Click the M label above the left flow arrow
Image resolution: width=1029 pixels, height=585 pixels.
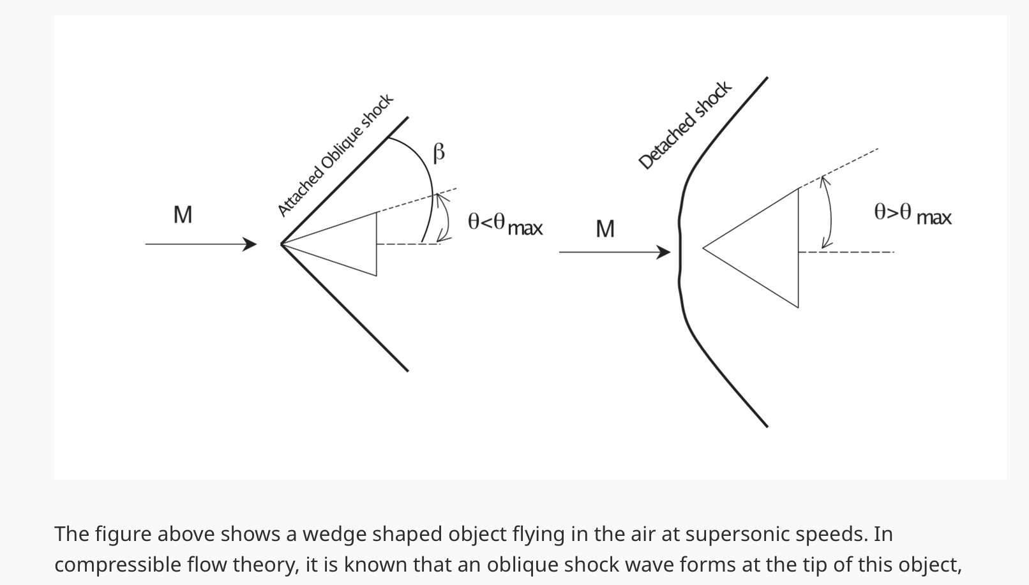(183, 215)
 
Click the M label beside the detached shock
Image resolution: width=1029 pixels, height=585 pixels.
(605, 229)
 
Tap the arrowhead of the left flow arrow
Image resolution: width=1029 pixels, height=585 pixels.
(251, 244)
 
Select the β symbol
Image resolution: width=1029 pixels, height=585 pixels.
(439, 153)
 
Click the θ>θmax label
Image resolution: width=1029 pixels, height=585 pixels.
(912, 214)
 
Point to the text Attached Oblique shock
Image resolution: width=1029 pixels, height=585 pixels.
(335, 155)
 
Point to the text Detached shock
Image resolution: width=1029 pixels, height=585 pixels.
(684, 125)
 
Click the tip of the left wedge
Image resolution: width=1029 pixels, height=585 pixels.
(282, 244)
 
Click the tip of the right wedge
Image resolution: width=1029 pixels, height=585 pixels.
(703, 248)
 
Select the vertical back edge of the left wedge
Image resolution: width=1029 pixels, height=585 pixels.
(377, 244)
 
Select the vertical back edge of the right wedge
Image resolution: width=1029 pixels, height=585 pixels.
(799, 248)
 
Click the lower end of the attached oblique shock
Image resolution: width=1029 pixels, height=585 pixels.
(407, 369)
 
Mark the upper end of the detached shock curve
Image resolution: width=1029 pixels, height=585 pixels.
(767, 78)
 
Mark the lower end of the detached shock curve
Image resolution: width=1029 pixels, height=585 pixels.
(766, 426)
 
